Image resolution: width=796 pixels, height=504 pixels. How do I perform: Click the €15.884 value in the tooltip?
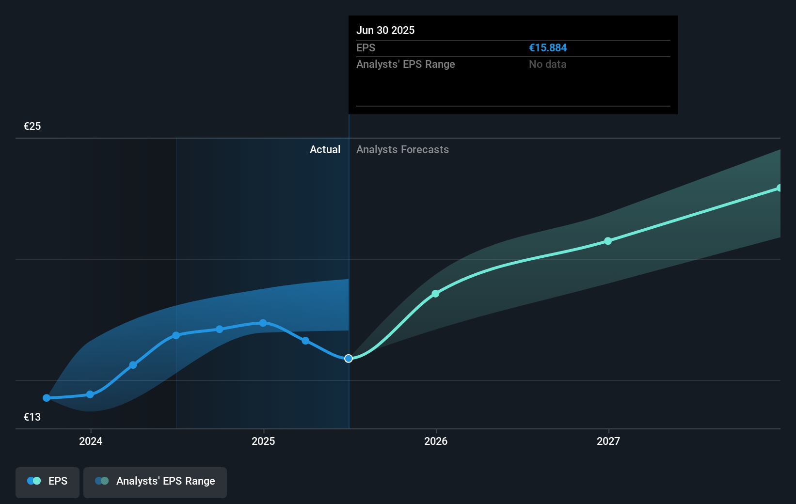pyautogui.click(x=547, y=48)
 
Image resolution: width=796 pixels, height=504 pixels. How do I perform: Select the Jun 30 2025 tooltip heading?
pyautogui.click(x=385, y=30)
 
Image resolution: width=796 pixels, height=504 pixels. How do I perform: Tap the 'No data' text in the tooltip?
pyautogui.click(x=547, y=64)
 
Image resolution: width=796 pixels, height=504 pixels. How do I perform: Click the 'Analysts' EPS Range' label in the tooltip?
pyautogui.click(x=405, y=64)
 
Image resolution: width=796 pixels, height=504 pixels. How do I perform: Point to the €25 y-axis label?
pyautogui.click(x=32, y=126)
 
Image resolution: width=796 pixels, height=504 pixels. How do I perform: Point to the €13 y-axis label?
pyautogui.click(x=32, y=417)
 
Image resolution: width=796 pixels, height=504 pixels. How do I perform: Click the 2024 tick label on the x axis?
pyautogui.click(x=91, y=441)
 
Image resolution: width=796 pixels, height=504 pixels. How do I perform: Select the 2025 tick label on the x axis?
pyautogui.click(x=263, y=441)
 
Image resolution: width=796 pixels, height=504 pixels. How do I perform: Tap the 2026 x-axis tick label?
pyautogui.click(x=436, y=441)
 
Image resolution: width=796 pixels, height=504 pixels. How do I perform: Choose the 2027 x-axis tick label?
pyautogui.click(x=608, y=441)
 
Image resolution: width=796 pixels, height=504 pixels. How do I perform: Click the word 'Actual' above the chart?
pyautogui.click(x=325, y=150)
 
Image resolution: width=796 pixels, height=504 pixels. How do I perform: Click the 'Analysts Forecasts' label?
pyautogui.click(x=402, y=150)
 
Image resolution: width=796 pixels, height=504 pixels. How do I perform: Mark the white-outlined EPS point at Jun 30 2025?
pyautogui.click(x=349, y=359)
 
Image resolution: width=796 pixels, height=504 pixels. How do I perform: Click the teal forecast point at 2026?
pyautogui.click(x=435, y=294)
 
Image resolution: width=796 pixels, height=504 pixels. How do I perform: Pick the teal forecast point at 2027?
pyautogui.click(x=608, y=241)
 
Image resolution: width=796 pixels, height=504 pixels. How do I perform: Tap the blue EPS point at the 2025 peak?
pyautogui.click(x=263, y=323)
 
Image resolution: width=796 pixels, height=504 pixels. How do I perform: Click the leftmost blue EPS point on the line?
pyautogui.click(x=47, y=398)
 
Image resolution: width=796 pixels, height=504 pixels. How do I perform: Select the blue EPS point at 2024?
pyautogui.click(x=90, y=394)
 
